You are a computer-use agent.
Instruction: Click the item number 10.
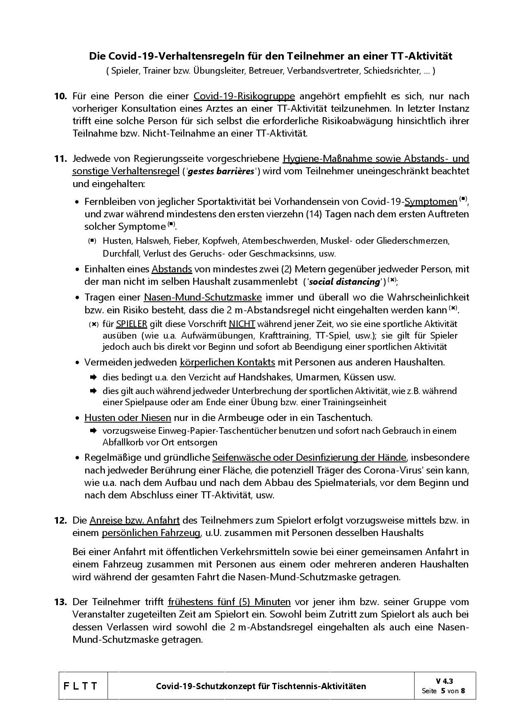point(60,96)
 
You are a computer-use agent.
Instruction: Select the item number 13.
point(60,602)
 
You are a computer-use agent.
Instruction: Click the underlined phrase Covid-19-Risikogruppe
point(244,96)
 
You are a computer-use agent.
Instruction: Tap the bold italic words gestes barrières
point(221,171)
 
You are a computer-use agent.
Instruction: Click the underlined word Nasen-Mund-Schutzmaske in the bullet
point(203,298)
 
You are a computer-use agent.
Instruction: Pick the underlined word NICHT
point(242,324)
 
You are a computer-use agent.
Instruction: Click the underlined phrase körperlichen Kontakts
point(227,363)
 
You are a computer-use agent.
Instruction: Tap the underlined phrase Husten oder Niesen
point(127,418)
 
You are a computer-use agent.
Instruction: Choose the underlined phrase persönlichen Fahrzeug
point(151,533)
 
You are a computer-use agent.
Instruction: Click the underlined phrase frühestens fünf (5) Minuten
point(229,602)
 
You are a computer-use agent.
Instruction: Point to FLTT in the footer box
point(81,686)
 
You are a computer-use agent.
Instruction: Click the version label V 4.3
point(444,681)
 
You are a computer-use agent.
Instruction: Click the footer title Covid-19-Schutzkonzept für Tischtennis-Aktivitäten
point(261,686)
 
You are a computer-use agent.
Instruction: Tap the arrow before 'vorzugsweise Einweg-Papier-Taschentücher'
point(93,431)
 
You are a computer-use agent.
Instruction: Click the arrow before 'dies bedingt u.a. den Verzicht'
point(93,377)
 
